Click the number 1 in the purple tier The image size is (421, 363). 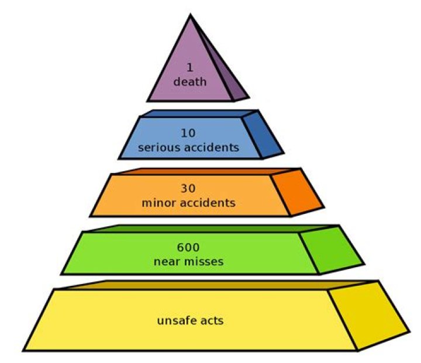190,67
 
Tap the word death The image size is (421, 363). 190,82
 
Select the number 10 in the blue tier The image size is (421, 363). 188,133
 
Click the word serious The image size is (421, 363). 154,147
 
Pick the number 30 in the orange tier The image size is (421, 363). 188,188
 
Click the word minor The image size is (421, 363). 159,203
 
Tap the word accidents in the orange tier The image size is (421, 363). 207,203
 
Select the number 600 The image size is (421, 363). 188,247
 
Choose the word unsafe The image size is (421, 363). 175,320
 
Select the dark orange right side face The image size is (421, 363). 296,192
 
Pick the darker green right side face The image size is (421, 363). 331,250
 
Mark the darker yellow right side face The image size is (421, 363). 368,316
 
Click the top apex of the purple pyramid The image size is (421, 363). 191,15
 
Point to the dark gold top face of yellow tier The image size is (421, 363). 215,285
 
